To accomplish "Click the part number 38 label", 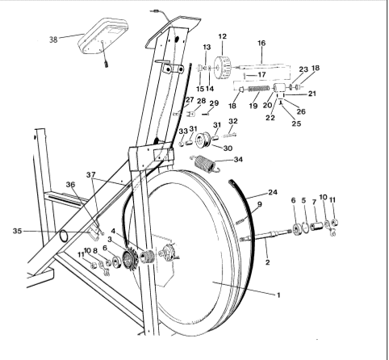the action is [x=53, y=40].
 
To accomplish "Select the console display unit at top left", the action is [x=103, y=36].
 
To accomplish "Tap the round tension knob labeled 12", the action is [x=223, y=68].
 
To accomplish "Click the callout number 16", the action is [x=261, y=43].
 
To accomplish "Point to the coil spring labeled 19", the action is [x=258, y=89].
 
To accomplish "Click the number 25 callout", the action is [x=296, y=123].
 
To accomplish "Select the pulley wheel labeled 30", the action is [x=203, y=140].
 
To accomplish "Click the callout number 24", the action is [x=273, y=192].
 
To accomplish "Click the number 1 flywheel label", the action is [x=278, y=295].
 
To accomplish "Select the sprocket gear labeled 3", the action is [x=130, y=259].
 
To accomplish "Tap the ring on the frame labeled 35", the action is [x=65, y=237].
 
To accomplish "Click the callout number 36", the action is [x=70, y=185].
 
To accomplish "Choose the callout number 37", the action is [x=91, y=175].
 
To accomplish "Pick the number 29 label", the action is [x=214, y=103].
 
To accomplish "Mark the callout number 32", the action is [x=233, y=121].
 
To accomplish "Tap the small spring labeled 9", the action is [x=241, y=220].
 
